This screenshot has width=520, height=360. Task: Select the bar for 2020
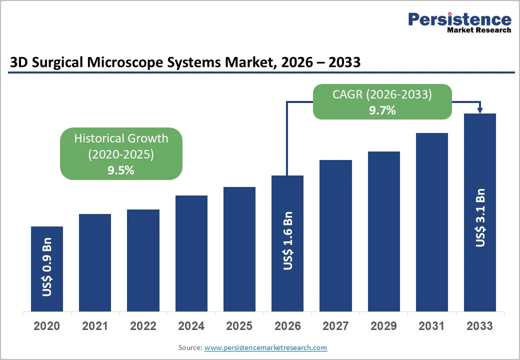[47, 268]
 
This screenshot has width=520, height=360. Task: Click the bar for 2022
[143, 260]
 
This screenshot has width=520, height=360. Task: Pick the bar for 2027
[335, 235]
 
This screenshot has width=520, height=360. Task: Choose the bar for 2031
[431, 222]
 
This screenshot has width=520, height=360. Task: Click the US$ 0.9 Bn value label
[47, 270]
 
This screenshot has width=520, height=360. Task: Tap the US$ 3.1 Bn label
[480, 217]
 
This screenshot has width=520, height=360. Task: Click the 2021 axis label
[95, 326]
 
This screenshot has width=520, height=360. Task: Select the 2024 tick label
[191, 326]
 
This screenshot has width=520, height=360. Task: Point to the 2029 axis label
[383, 326]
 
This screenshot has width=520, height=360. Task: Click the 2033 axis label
[479, 326]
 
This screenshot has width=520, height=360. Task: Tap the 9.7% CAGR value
[382, 110]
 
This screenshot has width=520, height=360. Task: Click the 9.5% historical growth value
[121, 170]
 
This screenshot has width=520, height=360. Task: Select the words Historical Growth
[121, 138]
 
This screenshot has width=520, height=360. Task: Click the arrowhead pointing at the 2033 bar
[480, 110]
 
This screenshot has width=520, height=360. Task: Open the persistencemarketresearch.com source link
[265, 347]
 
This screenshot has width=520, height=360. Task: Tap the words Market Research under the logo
[478, 30]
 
